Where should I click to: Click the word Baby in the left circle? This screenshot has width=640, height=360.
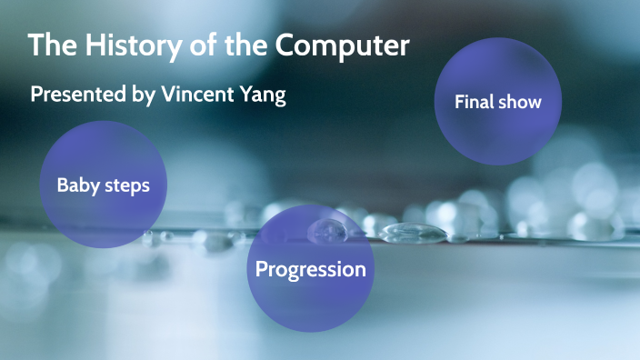[77, 185]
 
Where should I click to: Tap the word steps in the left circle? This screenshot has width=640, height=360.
[125, 185]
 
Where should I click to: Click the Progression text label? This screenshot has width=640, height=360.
[310, 269]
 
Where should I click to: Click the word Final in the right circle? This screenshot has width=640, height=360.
[475, 102]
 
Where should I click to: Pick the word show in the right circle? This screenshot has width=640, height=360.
[520, 102]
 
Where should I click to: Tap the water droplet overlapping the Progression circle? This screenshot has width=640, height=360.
[325, 231]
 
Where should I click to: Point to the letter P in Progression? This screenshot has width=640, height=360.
[262, 269]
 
